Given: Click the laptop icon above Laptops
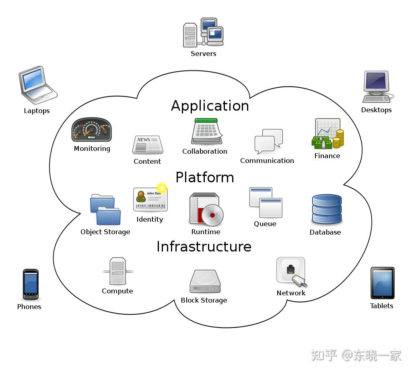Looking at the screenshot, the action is click(x=37, y=85).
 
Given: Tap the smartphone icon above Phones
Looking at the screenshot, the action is click(x=31, y=284).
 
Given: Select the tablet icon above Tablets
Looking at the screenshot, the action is click(x=382, y=283).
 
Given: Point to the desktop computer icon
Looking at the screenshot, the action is click(x=377, y=87).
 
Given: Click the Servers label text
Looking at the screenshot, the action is click(x=203, y=54).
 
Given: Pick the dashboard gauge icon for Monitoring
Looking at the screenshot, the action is click(x=91, y=130).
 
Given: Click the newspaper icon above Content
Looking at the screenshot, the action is click(x=147, y=144).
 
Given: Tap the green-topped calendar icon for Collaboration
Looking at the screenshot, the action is click(x=207, y=132).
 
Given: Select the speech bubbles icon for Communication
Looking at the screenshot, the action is click(x=268, y=141).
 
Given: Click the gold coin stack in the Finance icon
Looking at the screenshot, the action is click(x=338, y=139).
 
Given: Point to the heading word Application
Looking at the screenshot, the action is click(x=210, y=106).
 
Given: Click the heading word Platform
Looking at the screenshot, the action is click(x=205, y=177).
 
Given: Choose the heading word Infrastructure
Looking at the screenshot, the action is click(x=204, y=247).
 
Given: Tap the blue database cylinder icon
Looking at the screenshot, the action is click(x=327, y=209).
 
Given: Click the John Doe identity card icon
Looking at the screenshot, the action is click(x=150, y=200).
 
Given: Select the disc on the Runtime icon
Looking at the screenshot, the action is click(x=212, y=215).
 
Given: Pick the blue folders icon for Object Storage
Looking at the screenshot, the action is click(x=105, y=210).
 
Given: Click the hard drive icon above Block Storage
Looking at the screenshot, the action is click(x=205, y=281).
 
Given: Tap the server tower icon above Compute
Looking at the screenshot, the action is click(x=118, y=271).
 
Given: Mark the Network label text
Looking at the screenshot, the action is click(x=291, y=293).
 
